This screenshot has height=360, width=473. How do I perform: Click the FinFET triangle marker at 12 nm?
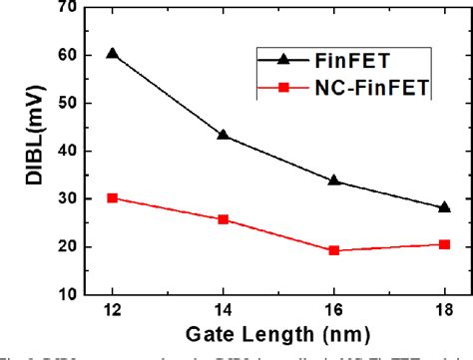tap(112, 53)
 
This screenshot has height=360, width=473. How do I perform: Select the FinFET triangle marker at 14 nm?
tap(223, 135)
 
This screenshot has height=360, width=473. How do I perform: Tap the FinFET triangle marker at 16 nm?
tap(333, 180)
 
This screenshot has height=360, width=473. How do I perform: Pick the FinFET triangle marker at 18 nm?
tap(444, 207)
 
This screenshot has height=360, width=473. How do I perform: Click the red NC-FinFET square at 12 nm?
tap(112, 197)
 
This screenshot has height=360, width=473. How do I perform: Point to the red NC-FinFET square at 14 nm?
tap(223, 219)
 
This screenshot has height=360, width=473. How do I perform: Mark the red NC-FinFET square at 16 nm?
tap(333, 250)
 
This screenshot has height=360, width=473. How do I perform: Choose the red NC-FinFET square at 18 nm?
tap(444, 244)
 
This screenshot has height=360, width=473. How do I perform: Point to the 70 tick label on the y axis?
tap(69, 8)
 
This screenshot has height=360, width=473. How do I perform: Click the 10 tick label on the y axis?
tap(69, 295)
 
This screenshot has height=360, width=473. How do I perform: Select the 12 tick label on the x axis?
tap(112, 312)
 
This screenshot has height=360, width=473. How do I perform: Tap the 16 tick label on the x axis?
tap(333, 312)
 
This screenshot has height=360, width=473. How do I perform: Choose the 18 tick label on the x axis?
tap(444, 312)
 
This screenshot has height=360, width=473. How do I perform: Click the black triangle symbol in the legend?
tap(283, 59)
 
